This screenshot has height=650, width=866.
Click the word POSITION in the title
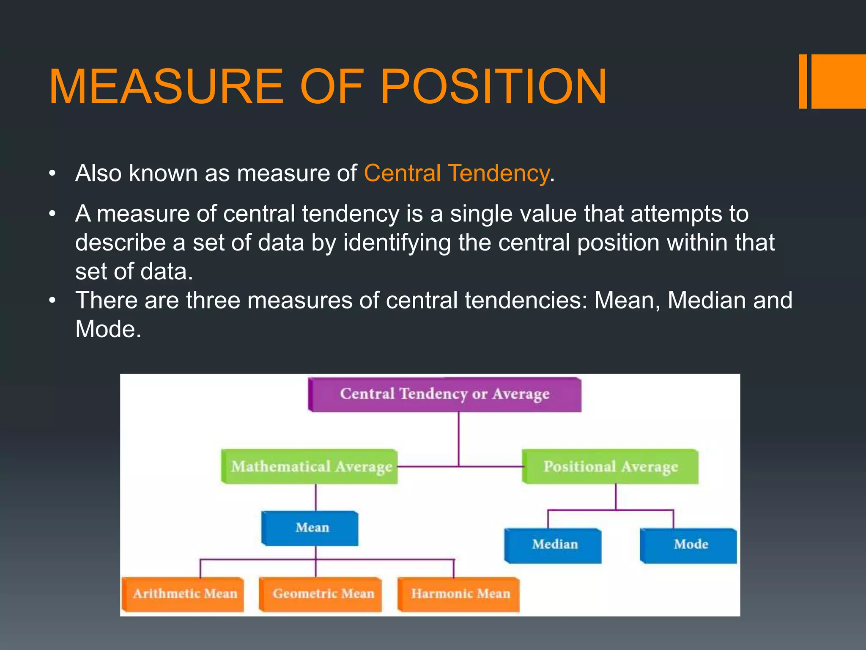click(493, 87)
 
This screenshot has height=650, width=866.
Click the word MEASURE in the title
click(166, 87)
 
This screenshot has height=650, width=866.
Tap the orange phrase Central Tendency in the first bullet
click(457, 173)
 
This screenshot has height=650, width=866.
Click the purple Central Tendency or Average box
click(445, 394)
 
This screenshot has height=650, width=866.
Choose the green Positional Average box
click(610, 466)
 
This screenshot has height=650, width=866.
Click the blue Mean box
click(311, 528)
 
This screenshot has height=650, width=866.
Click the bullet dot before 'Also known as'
click(52, 174)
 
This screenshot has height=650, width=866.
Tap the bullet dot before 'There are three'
click(52, 300)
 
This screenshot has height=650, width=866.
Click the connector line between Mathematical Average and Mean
click(316, 498)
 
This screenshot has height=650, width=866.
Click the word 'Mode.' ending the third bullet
click(108, 329)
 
